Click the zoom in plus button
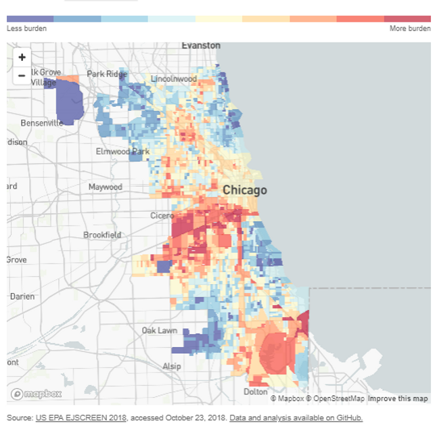click(22, 58)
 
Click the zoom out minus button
click(22, 76)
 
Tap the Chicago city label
click(245, 190)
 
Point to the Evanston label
click(201, 45)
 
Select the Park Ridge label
click(106, 74)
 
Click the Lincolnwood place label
click(174, 79)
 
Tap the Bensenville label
click(41, 123)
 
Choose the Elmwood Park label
click(122, 152)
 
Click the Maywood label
click(105, 187)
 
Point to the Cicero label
click(162, 216)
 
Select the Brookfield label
click(102, 235)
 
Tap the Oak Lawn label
click(159, 330)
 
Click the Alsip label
click(171, 367)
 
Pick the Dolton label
click(255, 392)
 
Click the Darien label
click(22, 296)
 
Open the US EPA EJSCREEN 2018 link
click(81, 418)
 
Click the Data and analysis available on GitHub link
click(295, 418)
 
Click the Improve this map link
click(398, 398)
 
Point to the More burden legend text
click(410, 29)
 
